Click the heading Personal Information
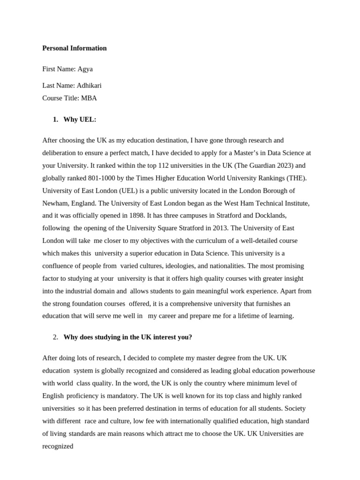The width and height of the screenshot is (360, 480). tap(74, 48)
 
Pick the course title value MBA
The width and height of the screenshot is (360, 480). tap(89, 98)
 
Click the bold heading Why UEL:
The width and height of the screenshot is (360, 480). tap(80, 120)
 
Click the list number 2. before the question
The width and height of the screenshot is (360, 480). tap(55, 337)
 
